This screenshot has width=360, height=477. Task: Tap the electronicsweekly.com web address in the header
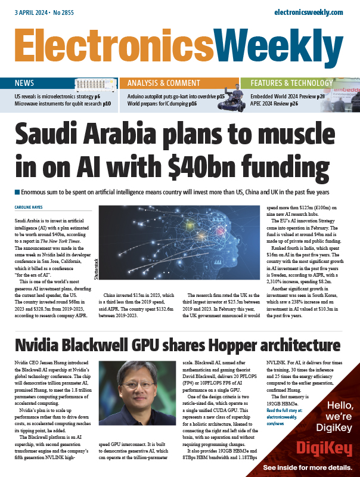[x=308, y=12]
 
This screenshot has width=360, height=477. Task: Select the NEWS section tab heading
[x=24, y=83]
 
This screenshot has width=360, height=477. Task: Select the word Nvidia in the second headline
[x=41, y=345]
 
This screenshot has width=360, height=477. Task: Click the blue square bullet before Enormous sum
[x=16, y=193]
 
